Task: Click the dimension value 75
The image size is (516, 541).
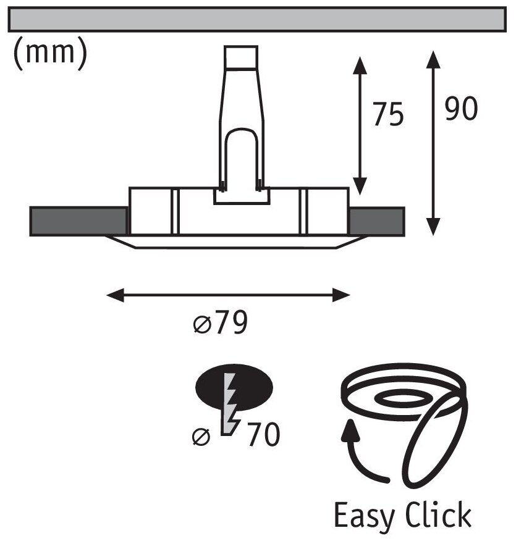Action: (389, 115)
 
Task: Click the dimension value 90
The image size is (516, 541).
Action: (460, 109)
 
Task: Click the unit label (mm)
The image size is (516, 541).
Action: (49, 53)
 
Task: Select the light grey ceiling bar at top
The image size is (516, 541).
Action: (258, 20)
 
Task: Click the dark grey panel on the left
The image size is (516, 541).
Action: (78, 221)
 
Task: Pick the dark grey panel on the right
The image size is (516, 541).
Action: (376, 221)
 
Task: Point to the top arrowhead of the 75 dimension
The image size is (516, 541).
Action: (360, 62)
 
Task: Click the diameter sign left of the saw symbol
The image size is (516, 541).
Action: (201, 437)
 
